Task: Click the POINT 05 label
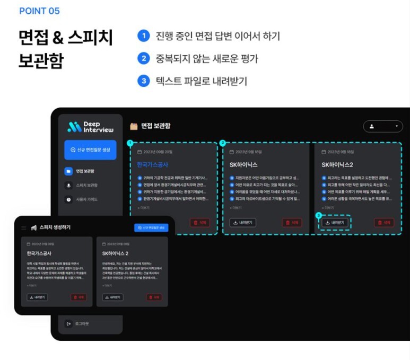[x=39, y=11]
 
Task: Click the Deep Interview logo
[x=90, y=127]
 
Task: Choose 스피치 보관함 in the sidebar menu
[x=86, y=185]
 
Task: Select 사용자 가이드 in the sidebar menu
[x=86, y=199]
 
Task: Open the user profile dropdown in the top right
[x=382, y=126]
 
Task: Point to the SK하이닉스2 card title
[x=337, y=165]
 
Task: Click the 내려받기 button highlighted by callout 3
[x=335, y=223]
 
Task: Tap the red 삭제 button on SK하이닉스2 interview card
[x=384, y=223]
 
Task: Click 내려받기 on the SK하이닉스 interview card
[x=243, y=223]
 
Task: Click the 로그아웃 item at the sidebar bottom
[x=80, y=323]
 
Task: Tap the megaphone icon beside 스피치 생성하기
[x=33, y=227]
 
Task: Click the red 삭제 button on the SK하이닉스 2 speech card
[x=155, y=297]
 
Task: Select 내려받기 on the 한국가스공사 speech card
[x=37, y=297]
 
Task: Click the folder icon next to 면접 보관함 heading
[x=134, y=126]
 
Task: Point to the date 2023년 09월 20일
[x=157, y=152]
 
